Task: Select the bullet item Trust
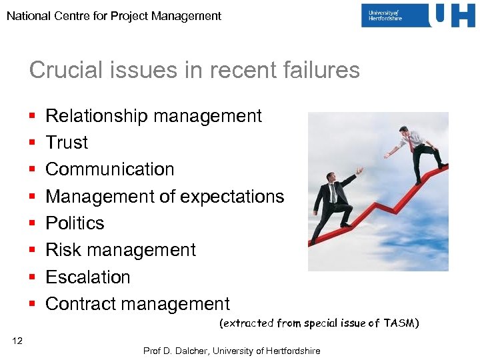(x=67, y=143)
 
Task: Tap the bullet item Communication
(x=109, y=169)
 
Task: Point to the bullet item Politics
(x=75, y=223)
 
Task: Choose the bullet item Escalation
(x=88, y=277)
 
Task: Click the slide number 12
(x=17, y=341)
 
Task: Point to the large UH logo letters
(x=453, y=15)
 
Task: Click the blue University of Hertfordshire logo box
(x=394, y=15)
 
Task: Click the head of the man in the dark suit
(x=331, y=178)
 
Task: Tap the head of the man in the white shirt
(x=404, y=131)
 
